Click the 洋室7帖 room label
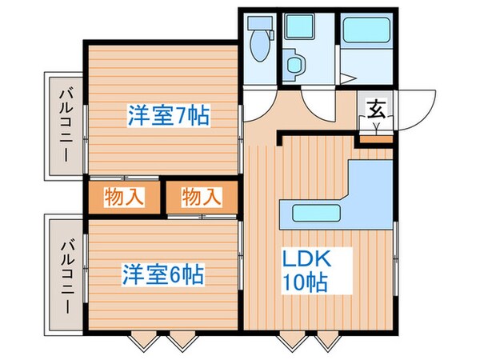(168, 116)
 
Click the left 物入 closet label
(124, 196)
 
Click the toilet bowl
(260, 50)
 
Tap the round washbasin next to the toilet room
(295, 63)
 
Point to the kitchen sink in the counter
(315, 214)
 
